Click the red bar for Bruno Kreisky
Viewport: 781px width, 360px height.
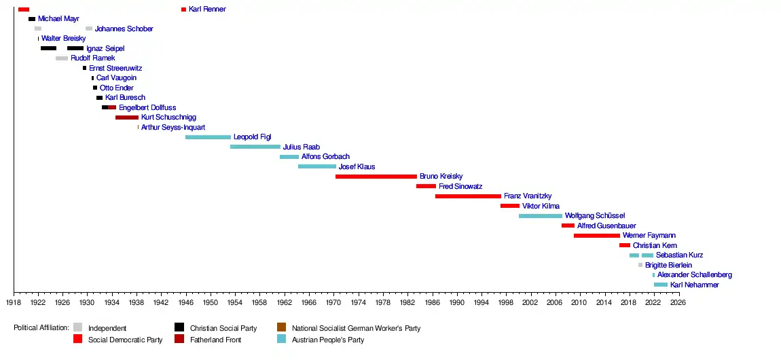click(x=376, y=177)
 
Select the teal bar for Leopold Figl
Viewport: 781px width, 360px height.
click(x=208, y=137)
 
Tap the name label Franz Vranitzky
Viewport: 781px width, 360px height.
click(x=528, y=196)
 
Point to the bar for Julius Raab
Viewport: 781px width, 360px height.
click(x=255, y=147)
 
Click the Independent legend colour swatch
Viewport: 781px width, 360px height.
click(x=78, y=328)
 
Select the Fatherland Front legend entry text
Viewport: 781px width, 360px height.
click(x=215, y=340)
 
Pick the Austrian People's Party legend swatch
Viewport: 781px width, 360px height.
click(x=282, y=339)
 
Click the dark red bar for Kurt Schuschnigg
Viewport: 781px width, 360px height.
click(x=126, y=118)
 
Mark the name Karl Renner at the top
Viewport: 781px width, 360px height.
click(x=207, y=10)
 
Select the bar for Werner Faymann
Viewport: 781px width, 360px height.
click(x=596, y=236)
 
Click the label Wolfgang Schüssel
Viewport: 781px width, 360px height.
click(x=595, y=216)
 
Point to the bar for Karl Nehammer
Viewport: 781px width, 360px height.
click(x=660, y=285)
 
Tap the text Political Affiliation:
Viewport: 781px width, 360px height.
click(x=41, y=328)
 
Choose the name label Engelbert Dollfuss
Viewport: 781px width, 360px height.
click(x=147, y=107)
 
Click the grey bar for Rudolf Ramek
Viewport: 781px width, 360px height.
click(x=62, y=58)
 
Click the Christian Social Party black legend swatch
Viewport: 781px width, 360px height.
click(x=179, y=328)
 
